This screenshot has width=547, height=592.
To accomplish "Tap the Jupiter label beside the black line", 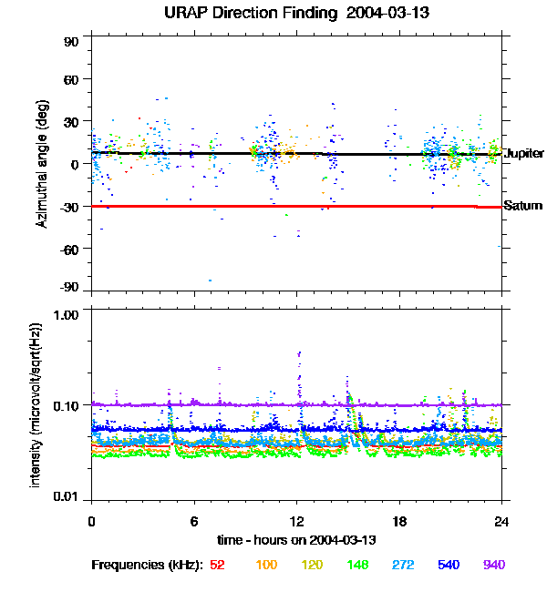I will click(x=523, y=154).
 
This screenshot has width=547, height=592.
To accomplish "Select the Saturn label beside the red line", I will click(x=523, y=207).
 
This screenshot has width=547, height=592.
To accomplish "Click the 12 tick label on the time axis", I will click(x=296, y=521).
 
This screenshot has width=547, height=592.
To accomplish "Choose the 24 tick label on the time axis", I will click(x=501, y=521).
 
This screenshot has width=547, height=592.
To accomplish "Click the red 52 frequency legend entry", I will click(x=217, y=566).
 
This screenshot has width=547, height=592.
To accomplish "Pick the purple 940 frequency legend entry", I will click(x=493, y=566).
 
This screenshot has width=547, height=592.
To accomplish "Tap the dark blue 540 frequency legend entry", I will click(x=448, y=566).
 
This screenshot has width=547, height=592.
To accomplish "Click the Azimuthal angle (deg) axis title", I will click(x=42, y=164).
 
